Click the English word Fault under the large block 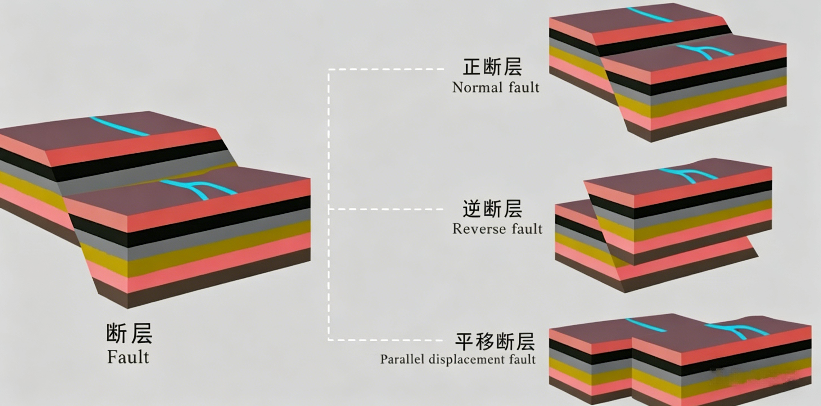point(128,357)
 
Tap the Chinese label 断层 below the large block point(129,333)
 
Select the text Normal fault point(496,87)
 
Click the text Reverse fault point(497,229)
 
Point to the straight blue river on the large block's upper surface point(119,126)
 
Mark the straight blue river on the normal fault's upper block point(650,15)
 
